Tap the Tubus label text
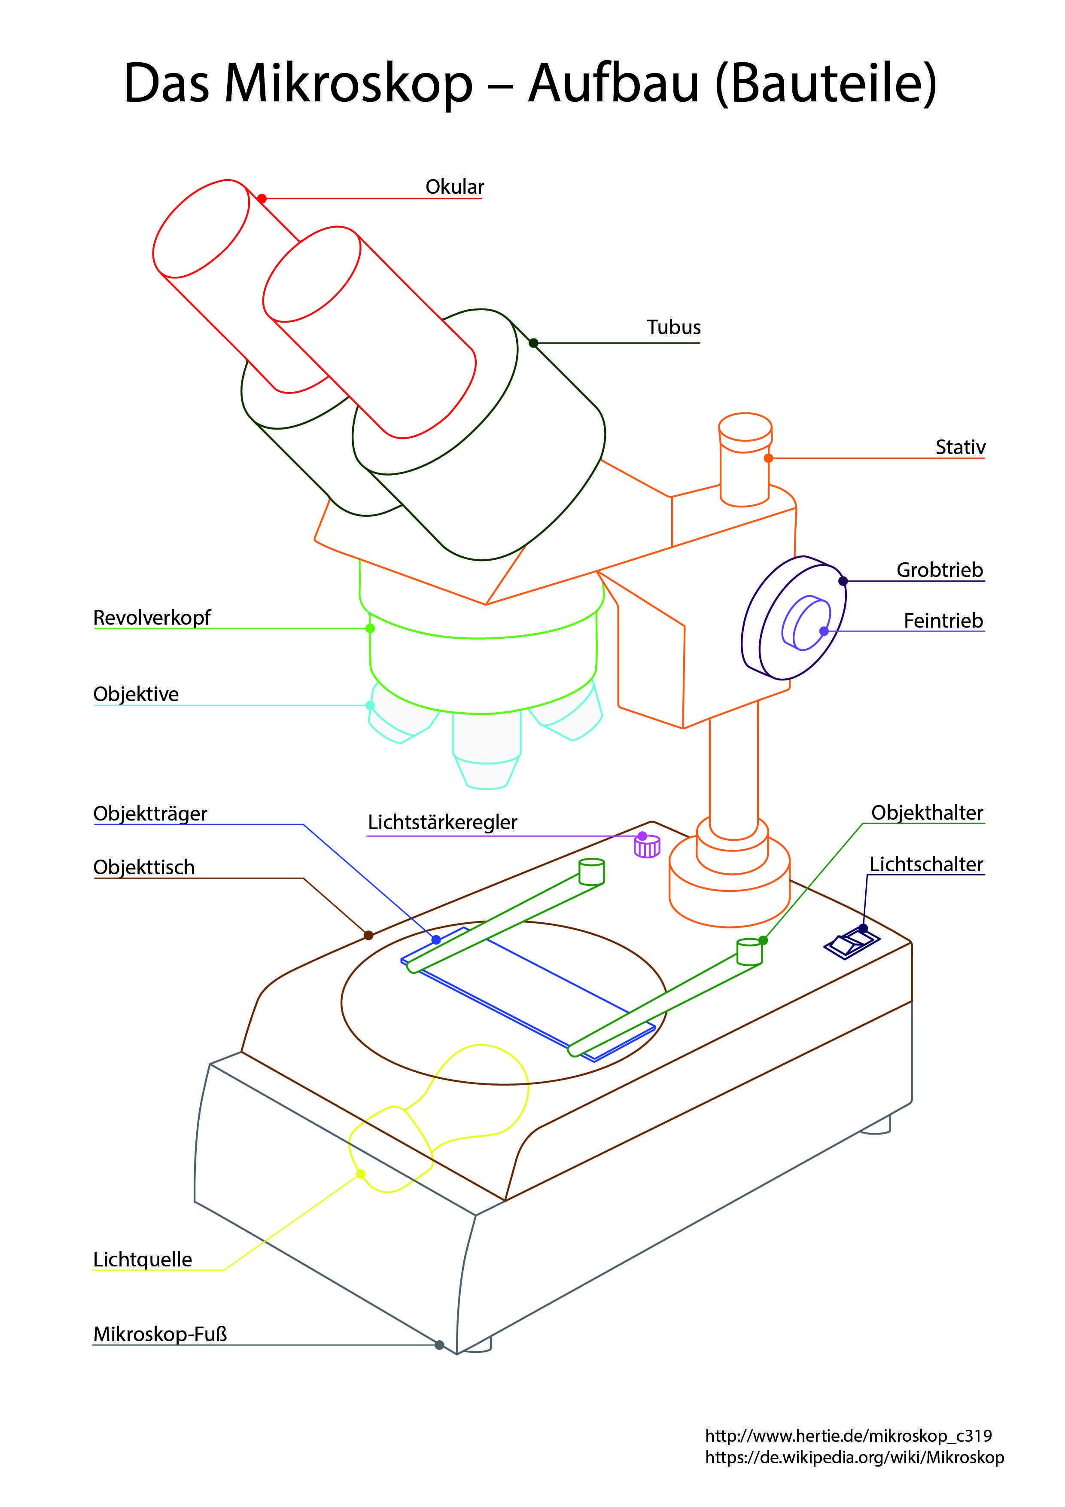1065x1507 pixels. [673, 327]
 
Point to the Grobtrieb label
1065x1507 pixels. [940, 570]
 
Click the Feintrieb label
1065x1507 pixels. [943, 620]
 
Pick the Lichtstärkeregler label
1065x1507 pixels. [442, 822]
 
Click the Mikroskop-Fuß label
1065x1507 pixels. [160, 1334]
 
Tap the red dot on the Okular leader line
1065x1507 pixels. [262, 198]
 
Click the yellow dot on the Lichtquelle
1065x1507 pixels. [360, 1174]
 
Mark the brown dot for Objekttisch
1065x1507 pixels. [369, 935]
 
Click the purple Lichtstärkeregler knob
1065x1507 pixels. [646, 847]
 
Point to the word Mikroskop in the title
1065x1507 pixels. [348, 84]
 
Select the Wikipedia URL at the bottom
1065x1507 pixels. [855, 1457]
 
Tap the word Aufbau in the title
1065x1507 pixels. [614, 84]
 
